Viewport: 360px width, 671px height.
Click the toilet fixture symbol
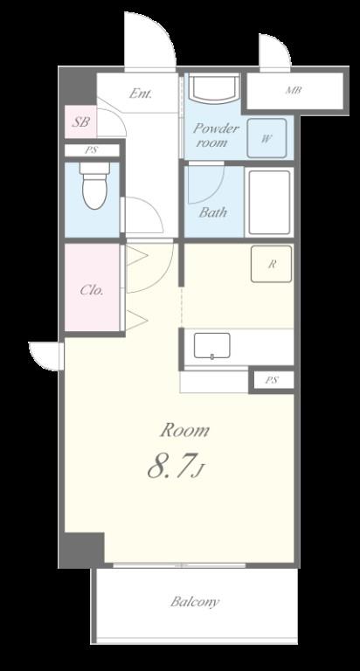click(94, 185)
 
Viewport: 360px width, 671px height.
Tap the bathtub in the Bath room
click(269, 203)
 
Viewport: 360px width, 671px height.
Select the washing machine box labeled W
click(267, 138)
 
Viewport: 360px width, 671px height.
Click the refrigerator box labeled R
click(272, 264)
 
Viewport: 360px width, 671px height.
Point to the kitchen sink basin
click(211, 345)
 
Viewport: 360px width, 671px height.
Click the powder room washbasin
click(214, 88)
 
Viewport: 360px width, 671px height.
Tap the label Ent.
click(141, 93)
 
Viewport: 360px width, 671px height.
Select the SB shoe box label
click(80, 122)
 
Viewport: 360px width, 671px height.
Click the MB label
click(294, 91)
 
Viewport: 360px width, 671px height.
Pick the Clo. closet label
click(92, 291)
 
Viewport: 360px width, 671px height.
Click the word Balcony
click(195, 602)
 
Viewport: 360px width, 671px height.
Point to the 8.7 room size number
click(170, 466)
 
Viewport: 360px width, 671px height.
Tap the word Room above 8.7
click(185, 430)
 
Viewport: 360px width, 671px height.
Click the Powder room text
click(215, 135)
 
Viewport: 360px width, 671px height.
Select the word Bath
click(212, 212)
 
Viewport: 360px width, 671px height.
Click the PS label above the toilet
click(91, 150)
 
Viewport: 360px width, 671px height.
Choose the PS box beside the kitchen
click(272, 380)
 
